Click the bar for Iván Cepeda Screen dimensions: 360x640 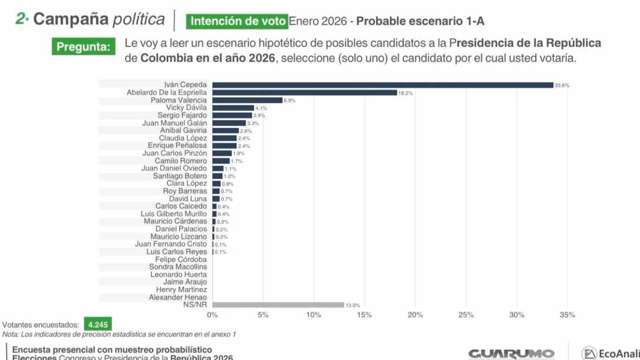click(x=383, y=85)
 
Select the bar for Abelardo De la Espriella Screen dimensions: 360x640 click(x=305, y=92)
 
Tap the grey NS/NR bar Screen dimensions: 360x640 click(x=278, y=305)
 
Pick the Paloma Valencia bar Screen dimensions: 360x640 click(x=247, y=100)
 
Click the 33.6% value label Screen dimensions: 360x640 click(x=562, y=85)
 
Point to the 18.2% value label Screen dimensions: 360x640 click(x=405, y=93)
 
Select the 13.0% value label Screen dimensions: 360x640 click(x=353, y=305)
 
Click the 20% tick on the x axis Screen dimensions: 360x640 click(x=416, y=315)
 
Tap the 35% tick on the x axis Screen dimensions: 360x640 click(x=567, y=315)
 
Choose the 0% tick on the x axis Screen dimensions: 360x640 click(x=212, y=315)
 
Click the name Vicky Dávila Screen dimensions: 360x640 click(x=186, y=108)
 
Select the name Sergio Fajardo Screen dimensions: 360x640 click(x=182, y=115)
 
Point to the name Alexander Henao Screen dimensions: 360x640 click(x=178, y=297)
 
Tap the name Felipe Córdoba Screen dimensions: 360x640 click(x=181, y=259)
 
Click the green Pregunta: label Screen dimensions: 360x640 click(x=83, y=47)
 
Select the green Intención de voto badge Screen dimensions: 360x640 click(x=238, y=21)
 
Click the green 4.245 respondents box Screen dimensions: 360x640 click(x=98, y=324)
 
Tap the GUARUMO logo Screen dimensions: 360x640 click(x=511, y=354)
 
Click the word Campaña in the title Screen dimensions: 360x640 click(x=70, y=19)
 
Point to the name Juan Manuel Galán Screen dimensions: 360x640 click(x=174, y=123)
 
